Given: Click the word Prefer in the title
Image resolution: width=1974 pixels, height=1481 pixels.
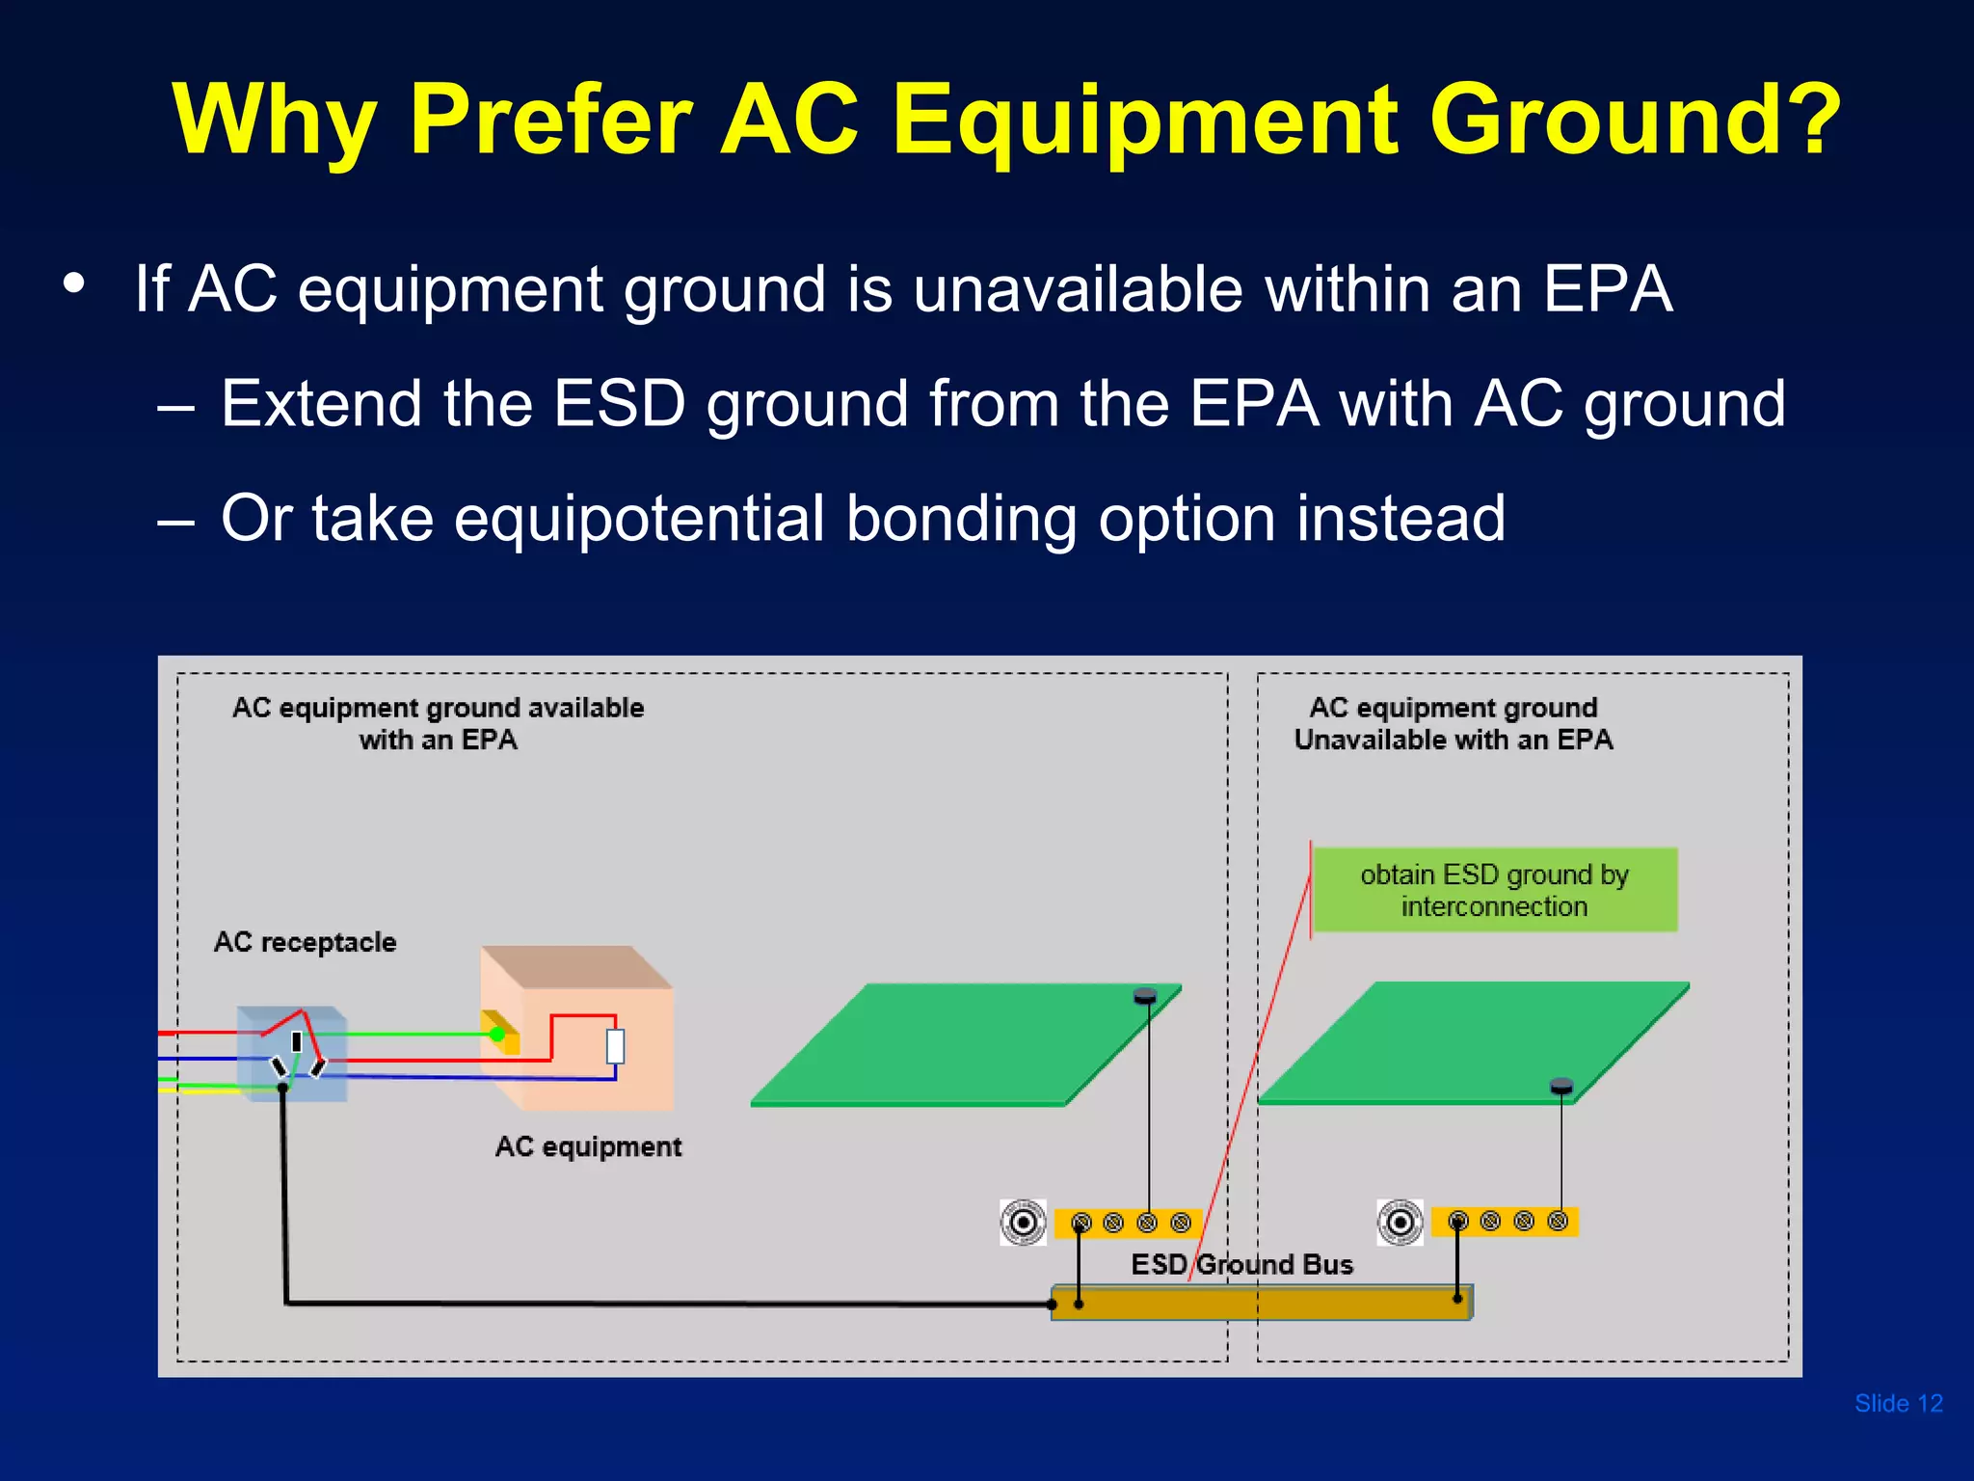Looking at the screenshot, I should tap(550, 120).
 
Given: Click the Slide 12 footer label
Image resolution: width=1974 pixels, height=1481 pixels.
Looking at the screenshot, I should tap(1898, 1403).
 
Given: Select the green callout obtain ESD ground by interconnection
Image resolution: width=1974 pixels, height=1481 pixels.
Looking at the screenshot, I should tap(1494, 890).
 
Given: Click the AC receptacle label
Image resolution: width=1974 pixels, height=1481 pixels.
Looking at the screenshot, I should tap(305, 942).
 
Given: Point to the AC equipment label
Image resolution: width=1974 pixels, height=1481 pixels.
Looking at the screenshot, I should tap(588, 1146).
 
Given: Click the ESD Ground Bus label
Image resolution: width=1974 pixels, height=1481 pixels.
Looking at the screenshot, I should tap(1241, 1264).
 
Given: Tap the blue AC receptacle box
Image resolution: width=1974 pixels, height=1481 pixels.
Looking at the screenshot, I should tap(292, 1053).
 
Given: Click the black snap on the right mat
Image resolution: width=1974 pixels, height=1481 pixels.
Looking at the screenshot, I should tap(1561, 1088).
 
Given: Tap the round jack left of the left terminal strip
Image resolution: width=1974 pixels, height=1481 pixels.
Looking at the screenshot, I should tap(1024, 1223).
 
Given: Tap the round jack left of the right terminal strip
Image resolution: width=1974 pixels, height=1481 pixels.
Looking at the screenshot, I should tap(1400, 1223).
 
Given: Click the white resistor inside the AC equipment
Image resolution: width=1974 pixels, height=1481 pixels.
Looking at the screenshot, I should tap(615, 1046).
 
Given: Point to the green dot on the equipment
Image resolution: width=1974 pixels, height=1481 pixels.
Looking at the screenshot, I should tap(496, 1035).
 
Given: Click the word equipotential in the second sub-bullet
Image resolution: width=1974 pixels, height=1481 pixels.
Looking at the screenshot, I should tap(638, 519).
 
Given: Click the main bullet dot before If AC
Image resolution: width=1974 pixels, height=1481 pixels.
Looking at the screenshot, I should tap(74, 284).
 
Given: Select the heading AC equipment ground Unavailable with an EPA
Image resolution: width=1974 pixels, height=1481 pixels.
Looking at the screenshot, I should tap(1453, 724).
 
